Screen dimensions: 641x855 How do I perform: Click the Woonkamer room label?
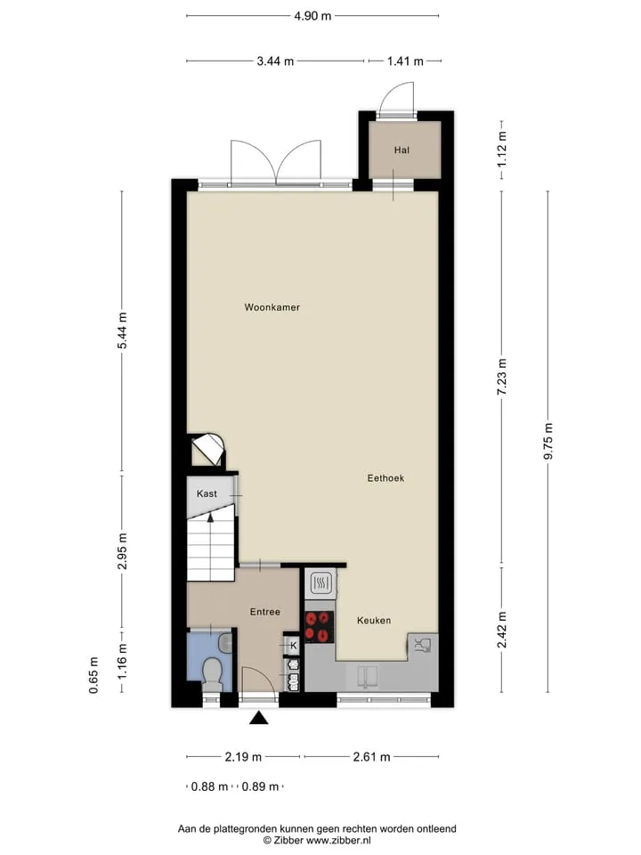pos(272,307)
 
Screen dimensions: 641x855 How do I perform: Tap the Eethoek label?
pos(385,478)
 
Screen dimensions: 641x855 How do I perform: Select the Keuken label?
pos(374,621)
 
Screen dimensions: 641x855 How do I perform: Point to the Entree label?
pos(265,612)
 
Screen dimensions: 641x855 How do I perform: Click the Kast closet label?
pos(207,493)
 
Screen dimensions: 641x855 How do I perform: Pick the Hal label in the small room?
pos(402,150)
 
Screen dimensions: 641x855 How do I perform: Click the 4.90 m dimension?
pos(312,16)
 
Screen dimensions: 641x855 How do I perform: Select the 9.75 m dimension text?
pos(548,441)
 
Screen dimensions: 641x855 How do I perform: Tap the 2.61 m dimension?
pos(372,757)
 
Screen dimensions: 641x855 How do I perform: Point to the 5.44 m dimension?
pos(122,330)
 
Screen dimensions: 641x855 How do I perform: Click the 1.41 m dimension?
pos(405,61)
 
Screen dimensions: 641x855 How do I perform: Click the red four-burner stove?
pos(319,626)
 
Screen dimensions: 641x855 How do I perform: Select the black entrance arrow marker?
pos(259,718)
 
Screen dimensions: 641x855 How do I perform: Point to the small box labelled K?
pos(293,646)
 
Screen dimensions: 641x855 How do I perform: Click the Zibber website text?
pos(317,840)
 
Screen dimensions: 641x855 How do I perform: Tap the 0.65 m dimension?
pos(93,675)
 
